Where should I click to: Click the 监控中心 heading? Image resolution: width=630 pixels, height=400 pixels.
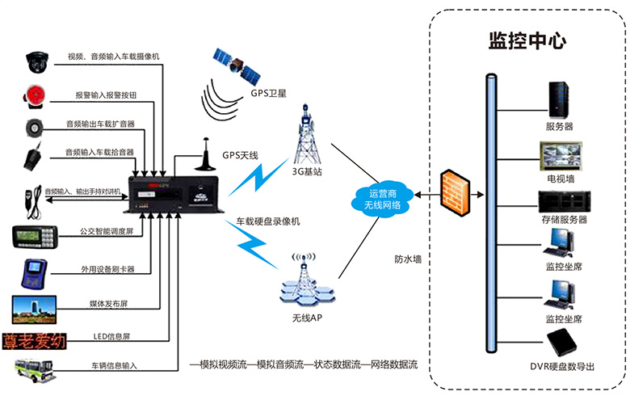(x=527, y=40)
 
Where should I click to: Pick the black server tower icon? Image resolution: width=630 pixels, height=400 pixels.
(x=559, y=99)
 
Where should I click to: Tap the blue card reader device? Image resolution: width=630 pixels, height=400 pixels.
(x=33, y=273)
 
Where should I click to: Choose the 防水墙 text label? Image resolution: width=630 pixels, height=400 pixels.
(x=408, y=259)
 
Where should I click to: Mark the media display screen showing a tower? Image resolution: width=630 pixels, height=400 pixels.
(x=33, y=308)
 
